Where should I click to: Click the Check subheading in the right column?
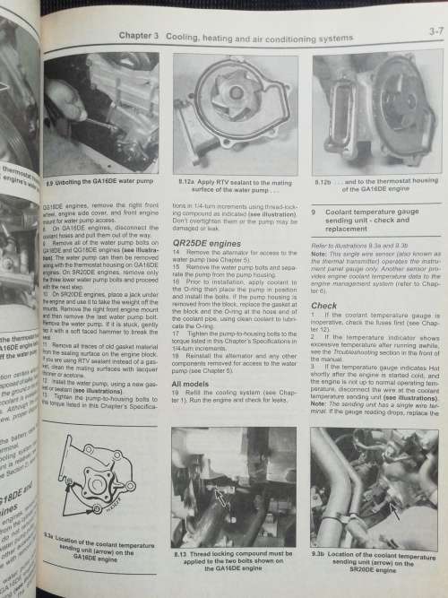(323, 304)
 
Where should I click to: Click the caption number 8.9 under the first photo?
(51, 182)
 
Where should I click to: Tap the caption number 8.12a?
(185, 180)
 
